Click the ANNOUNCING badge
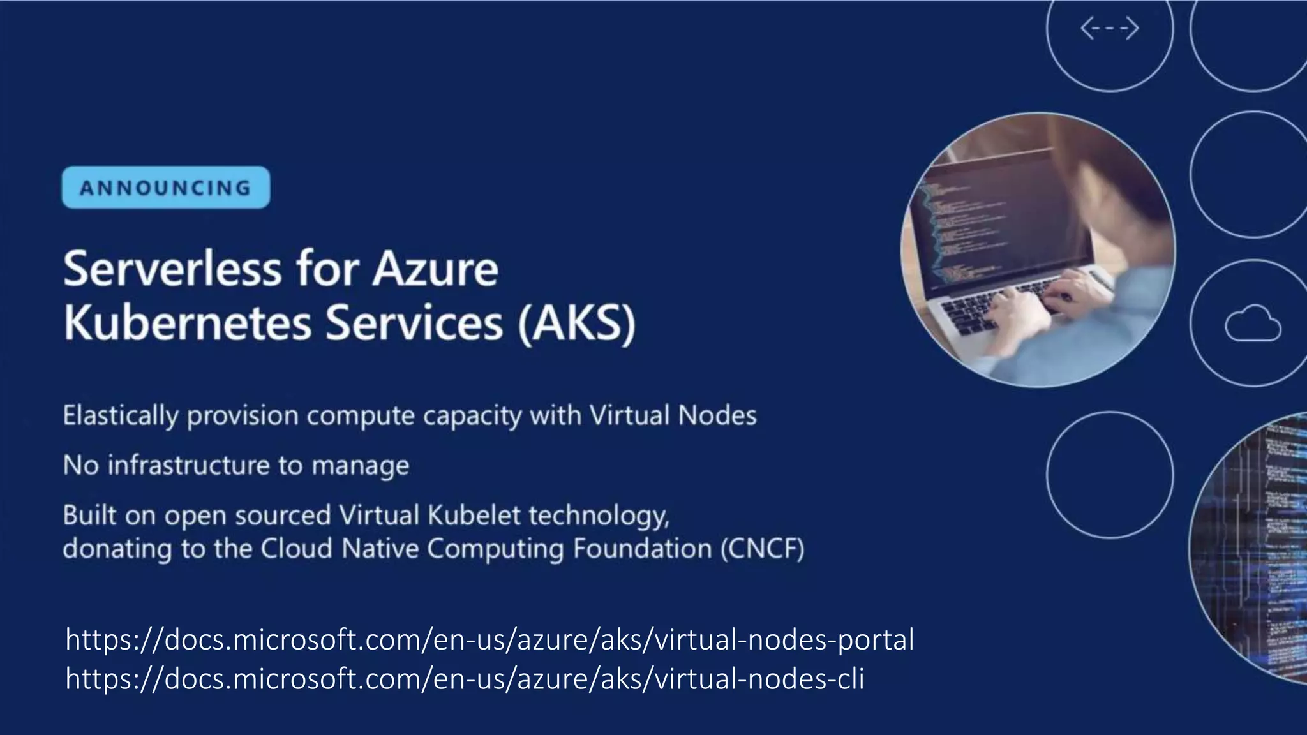point(166,188)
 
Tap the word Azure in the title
point(435,269)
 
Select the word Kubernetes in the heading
point(188,323)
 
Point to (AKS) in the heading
point(577,323)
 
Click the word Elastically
point(120,416)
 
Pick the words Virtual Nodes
point(673,415)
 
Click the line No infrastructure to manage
point(235,465)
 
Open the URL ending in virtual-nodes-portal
point(489,639)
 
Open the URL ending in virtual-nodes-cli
point(465,678)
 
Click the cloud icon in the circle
point(1252,323)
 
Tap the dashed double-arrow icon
point(1109,29)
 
